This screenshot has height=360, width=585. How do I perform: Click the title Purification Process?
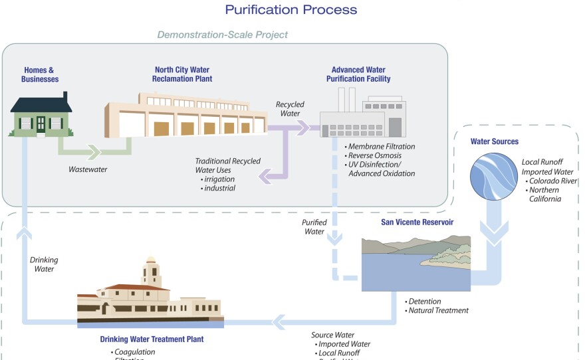[x=291, y=9]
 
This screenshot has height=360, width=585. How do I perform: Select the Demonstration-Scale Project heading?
[x=222, y=35]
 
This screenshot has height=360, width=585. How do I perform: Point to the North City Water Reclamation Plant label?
[x=177, y=74]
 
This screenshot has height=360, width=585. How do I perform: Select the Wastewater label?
[x=89, y=169]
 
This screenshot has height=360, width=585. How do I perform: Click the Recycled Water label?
[x=290, y=110]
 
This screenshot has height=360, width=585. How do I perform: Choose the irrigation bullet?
[x=218, y=179]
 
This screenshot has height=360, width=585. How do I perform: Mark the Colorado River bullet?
[x=552, y=180]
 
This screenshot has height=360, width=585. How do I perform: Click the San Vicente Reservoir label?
[x=417, y=222]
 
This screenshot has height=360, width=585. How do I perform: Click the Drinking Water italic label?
[x=44, y=265]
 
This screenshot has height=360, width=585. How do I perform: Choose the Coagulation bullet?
[x=135, y=351]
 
